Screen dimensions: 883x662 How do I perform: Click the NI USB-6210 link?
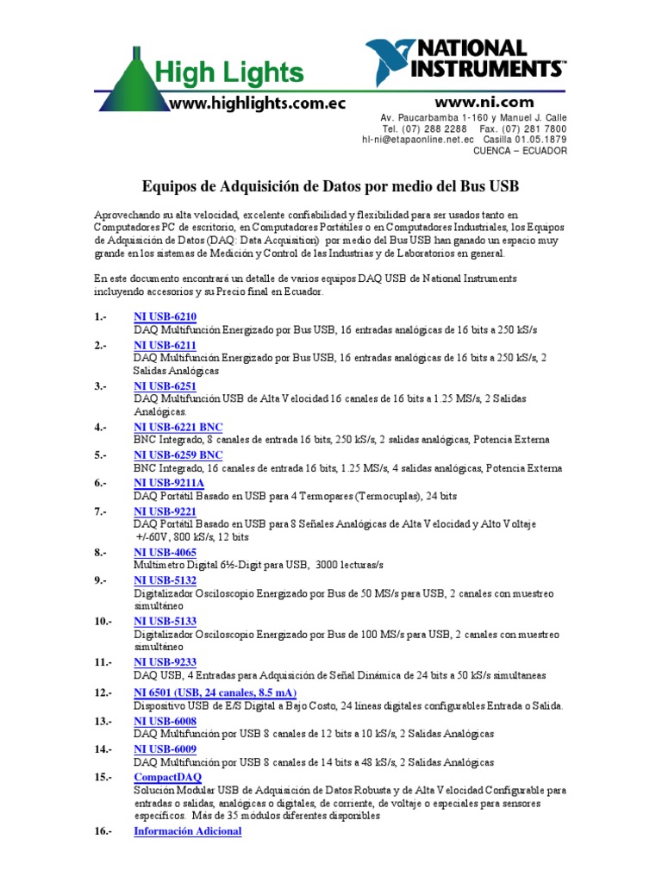[x=165, y=317]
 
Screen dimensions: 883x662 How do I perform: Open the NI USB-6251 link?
[x=165, y=386]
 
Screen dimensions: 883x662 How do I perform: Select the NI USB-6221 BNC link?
[x=178, y=427]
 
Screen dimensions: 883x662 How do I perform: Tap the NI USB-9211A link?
[x=168, y=484]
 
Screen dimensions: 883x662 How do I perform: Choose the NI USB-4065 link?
[x=165, y=552]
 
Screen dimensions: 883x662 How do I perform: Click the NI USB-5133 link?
[x=165, y=621]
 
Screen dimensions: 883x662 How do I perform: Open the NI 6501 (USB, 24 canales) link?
[x=215, y=692]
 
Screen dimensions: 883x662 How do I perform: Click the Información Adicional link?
[x=188, y=831]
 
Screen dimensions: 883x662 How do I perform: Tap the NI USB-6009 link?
[x=165, y=749]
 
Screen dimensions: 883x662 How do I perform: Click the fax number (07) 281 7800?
[x=536, y=128]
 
